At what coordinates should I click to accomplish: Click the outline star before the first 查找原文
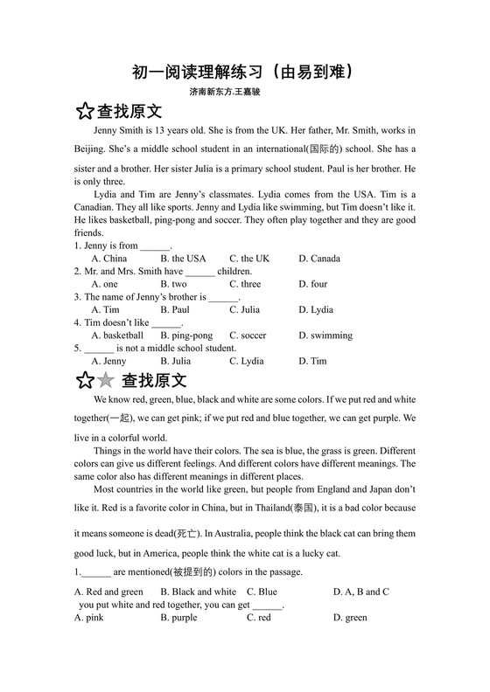pos(84,112)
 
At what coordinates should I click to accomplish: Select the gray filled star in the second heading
pos(105,380)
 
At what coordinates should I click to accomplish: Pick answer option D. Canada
pos(319,259)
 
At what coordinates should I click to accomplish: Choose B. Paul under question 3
pos(175,309)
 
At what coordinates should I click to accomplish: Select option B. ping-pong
pos(186,336)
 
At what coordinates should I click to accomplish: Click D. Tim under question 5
pos(312,361)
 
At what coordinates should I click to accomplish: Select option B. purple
pos(178,618)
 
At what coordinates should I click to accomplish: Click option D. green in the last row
pos(350,618)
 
